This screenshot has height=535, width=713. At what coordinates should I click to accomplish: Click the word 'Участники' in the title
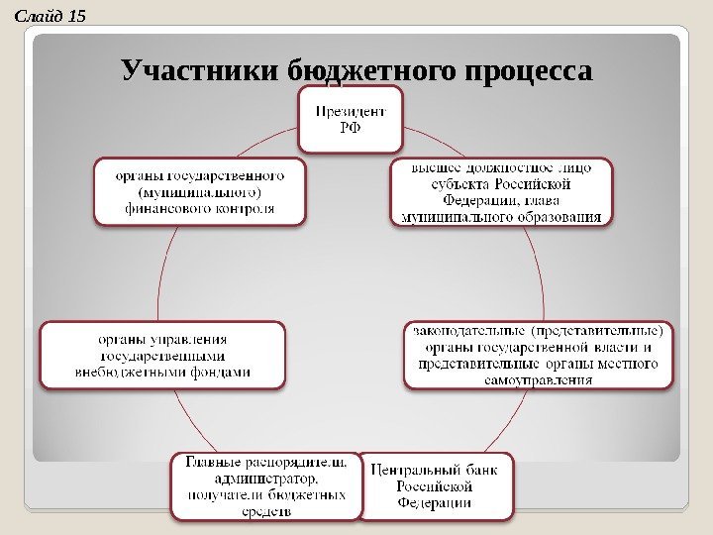(x=199, y=71)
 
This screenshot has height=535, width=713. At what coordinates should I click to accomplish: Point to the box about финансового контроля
(x=199, y=191)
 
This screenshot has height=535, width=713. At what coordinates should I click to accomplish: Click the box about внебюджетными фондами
(x=162, y=354)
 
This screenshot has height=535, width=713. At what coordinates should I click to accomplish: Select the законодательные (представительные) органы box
(x=539, y=354)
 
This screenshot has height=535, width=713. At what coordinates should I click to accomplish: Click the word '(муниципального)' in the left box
(x=200, y=191)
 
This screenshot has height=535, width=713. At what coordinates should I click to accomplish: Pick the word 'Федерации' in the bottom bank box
(x=435, y=503)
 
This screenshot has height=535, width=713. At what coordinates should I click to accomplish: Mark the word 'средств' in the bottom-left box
(x=266, y=511)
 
